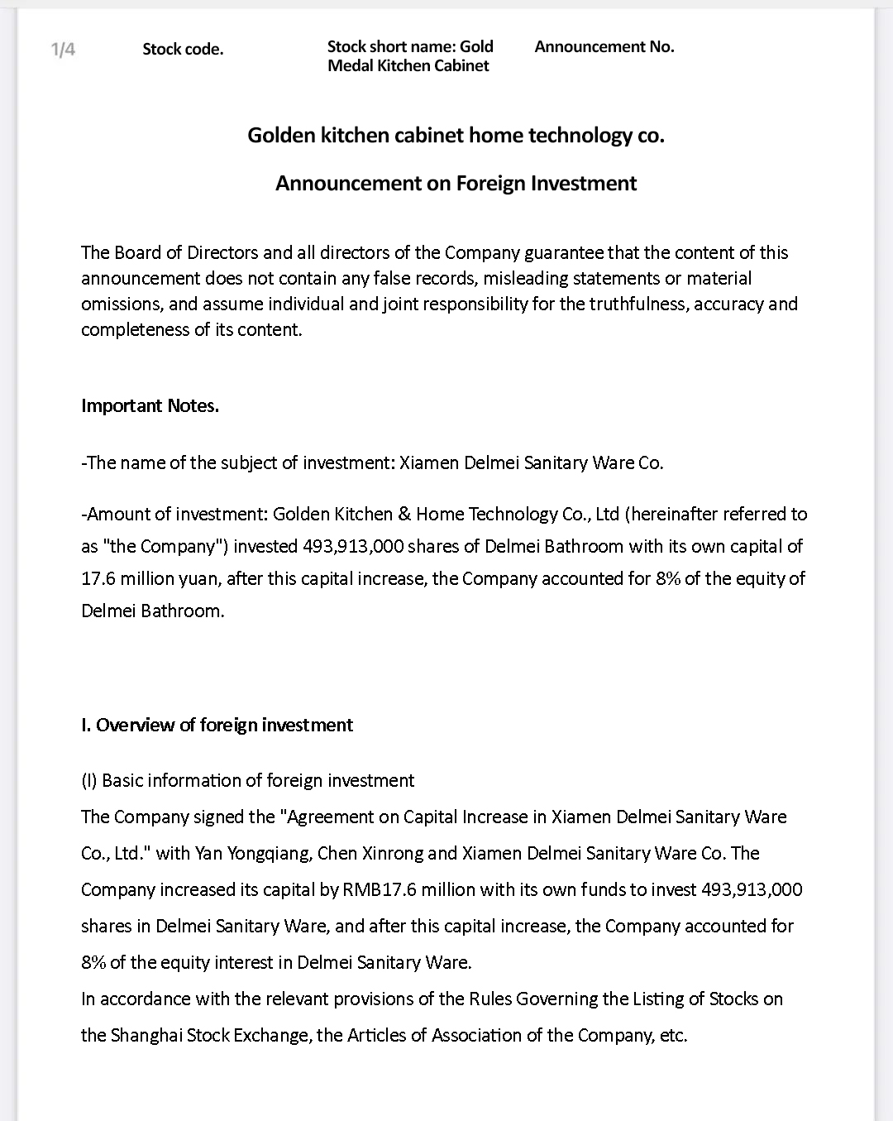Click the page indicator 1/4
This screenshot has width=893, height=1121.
(63, 49)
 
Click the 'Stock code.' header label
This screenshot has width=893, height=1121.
(183, 49)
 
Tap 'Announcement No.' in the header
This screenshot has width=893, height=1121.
(604, 46)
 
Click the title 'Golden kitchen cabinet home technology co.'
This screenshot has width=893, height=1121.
(456, 135)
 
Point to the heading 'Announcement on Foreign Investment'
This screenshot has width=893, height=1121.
(456, 183)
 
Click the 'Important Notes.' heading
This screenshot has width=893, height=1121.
(150, 405)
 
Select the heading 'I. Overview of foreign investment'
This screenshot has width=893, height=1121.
(217, 725)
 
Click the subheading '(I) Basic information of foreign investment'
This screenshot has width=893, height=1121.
(247, 780)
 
